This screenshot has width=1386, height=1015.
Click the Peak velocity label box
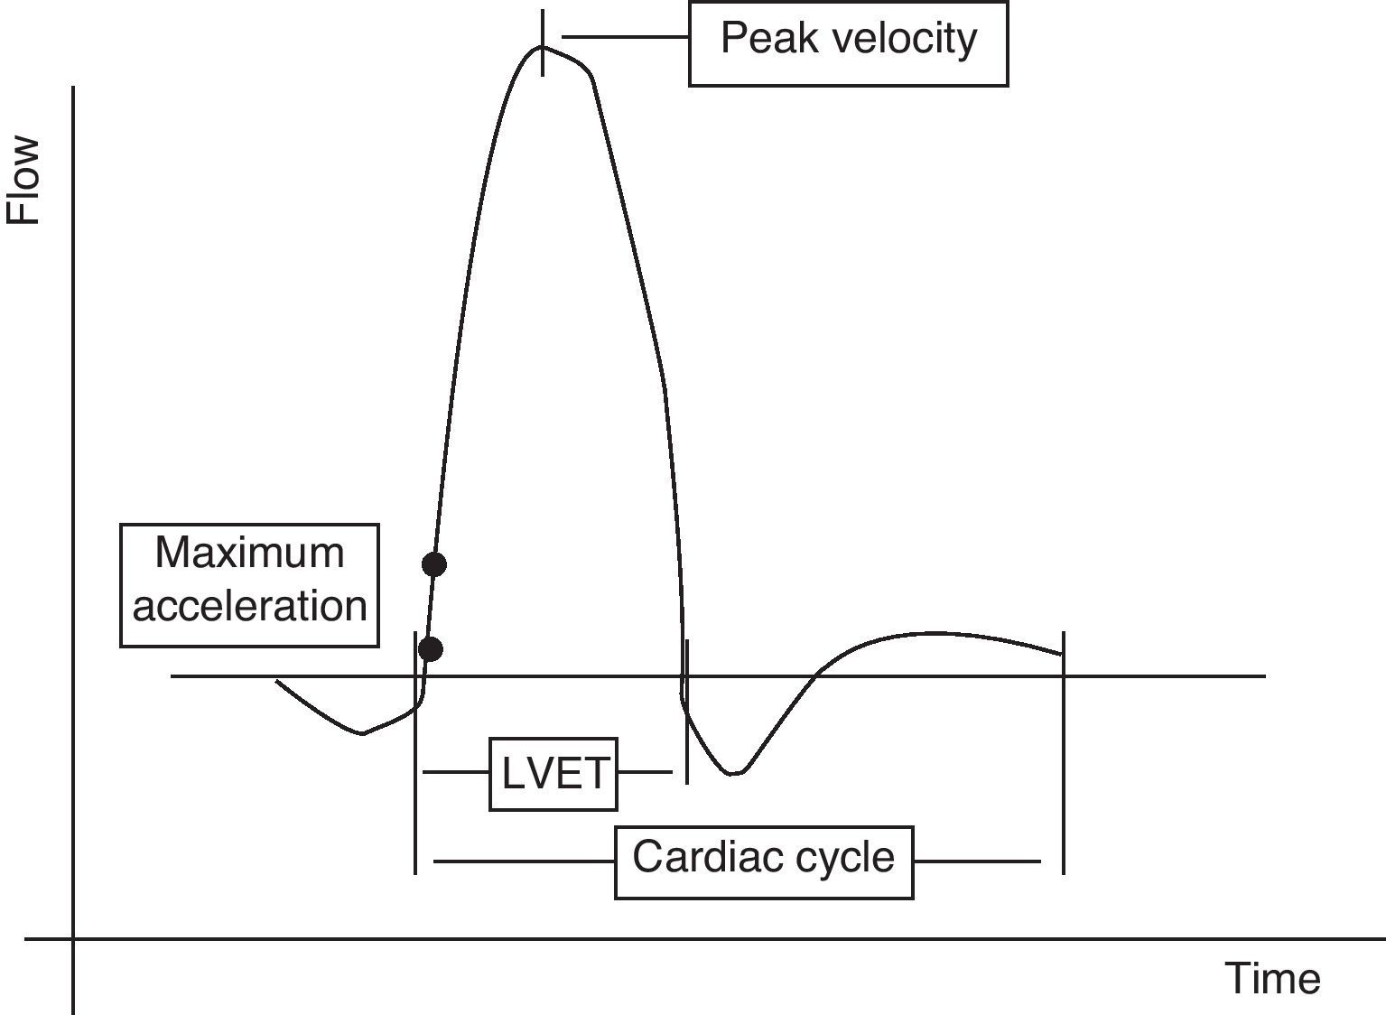click(x=848, y=41)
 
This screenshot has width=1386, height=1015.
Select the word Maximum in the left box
click(x=249, y=553)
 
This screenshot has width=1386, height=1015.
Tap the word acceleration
click(x=249, y=606)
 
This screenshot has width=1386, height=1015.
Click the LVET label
click(x=553, y=774)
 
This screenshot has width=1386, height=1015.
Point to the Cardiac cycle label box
click(x=763, y=861)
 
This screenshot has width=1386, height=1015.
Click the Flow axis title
click(x=24, y=180)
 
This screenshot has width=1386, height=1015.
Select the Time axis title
click(x=1272, y=979)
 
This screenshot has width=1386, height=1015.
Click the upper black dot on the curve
click(x=434, y=564)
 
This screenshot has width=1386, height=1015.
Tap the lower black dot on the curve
click(x=431, y=648)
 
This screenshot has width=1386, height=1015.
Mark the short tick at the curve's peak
click(x=542, y=43)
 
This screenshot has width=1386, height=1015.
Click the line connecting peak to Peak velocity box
click(x=625, y=37)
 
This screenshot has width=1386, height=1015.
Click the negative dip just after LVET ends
click(x=735, y=773)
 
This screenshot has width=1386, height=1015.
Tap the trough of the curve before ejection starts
click(x=362, y=732)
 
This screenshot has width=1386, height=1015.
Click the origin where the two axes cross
click(x=73, y=939)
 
